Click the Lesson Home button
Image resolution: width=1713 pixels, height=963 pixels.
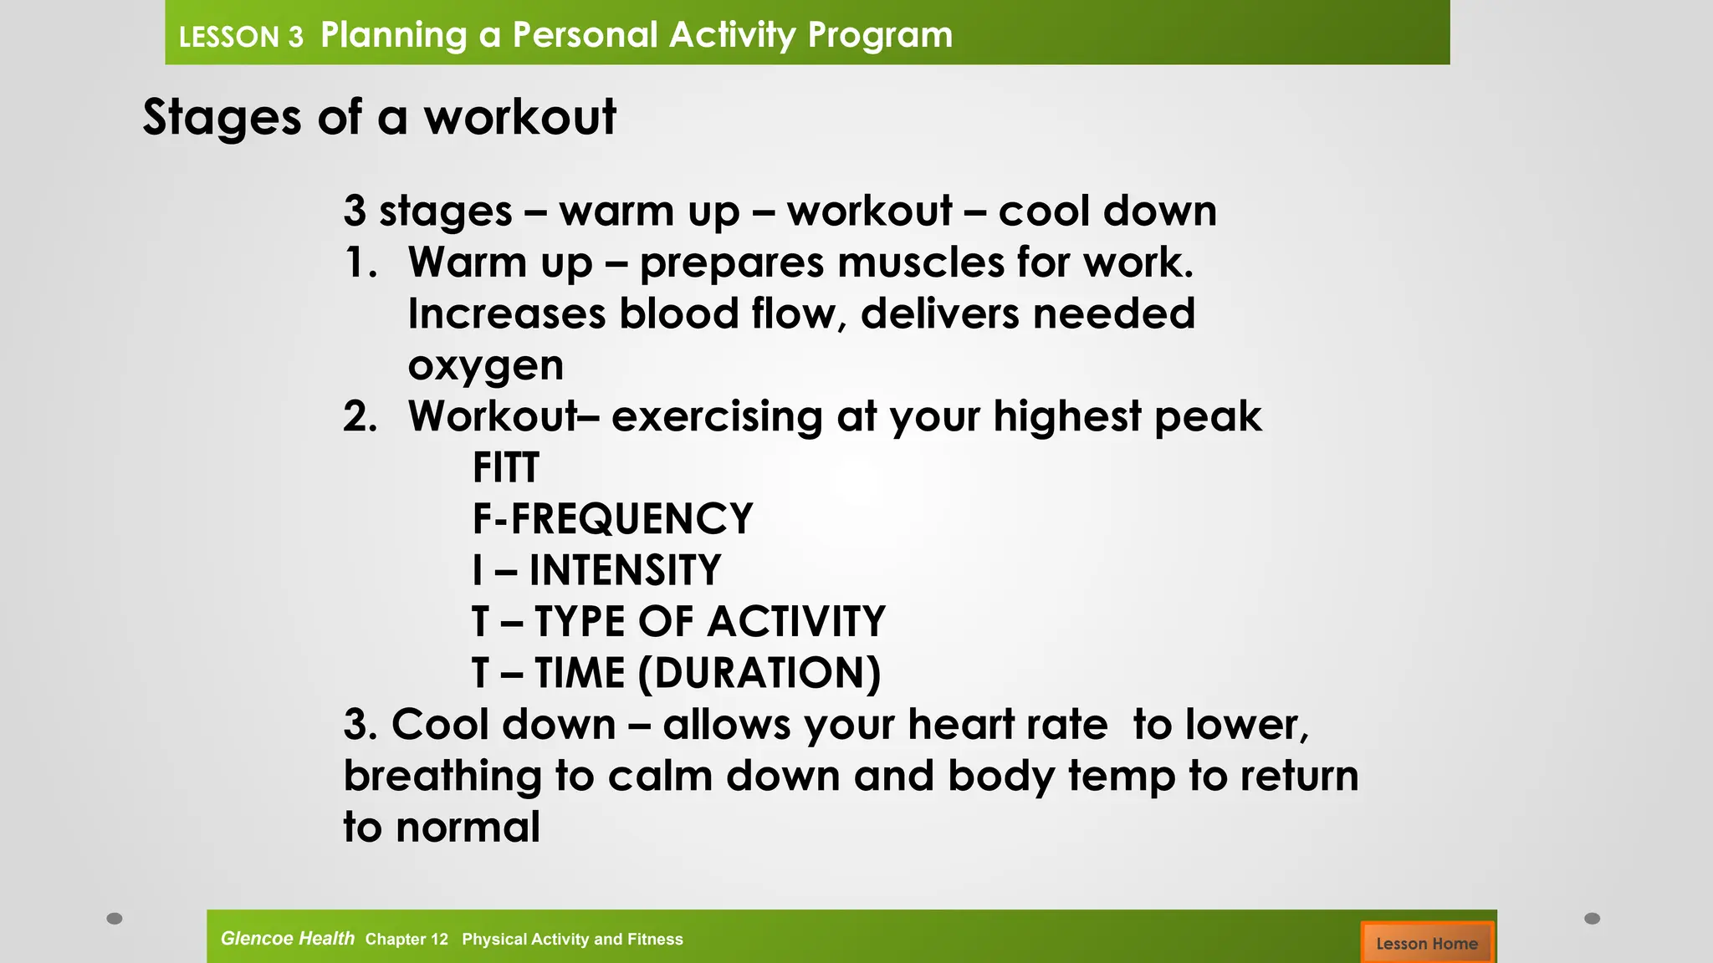1426,943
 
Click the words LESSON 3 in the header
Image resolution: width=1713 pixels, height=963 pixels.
241,37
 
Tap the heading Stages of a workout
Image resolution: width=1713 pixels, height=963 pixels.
379,117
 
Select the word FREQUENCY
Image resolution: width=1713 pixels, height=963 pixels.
632,519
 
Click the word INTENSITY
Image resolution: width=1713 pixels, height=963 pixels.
625,571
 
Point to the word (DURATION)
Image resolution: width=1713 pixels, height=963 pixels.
759,674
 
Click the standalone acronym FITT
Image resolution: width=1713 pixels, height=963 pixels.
505,467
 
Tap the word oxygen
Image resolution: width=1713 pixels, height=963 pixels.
485,366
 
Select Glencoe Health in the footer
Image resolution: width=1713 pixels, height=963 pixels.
287,939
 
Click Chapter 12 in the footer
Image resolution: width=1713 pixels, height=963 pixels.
407,940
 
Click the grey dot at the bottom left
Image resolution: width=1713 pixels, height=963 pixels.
115,919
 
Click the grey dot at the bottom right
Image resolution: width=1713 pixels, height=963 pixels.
1593,919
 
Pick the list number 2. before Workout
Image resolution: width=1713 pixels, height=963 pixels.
360,416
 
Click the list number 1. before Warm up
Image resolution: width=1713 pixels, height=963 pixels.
360,262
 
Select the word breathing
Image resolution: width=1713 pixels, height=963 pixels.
442,777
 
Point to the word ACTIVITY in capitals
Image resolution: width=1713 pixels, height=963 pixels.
795,622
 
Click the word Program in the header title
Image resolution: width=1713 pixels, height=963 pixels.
880,35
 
